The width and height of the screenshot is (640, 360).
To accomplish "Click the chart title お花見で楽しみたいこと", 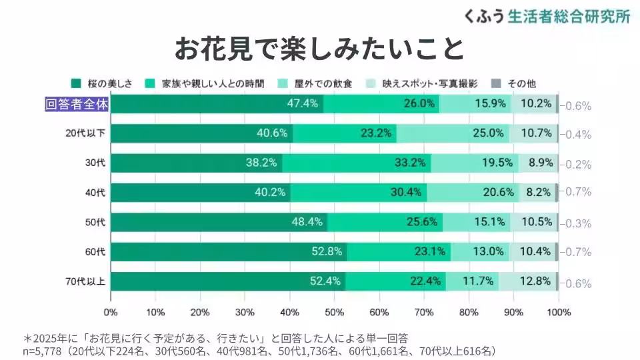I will (x=319, y=49).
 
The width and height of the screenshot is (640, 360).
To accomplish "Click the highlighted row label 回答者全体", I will (x=76, y=104).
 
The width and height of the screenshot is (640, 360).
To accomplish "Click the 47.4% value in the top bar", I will (x=302, y=104).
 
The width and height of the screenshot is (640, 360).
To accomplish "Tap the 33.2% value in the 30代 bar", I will (x=410, y=163).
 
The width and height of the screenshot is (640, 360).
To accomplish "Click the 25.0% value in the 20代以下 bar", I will (x=488, y=133).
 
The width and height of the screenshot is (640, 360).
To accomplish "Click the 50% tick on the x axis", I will (x=334, y=312).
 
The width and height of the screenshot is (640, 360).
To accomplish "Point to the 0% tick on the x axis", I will (x=111, y=312).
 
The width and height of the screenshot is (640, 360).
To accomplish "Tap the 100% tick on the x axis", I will (x=558, y=312).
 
